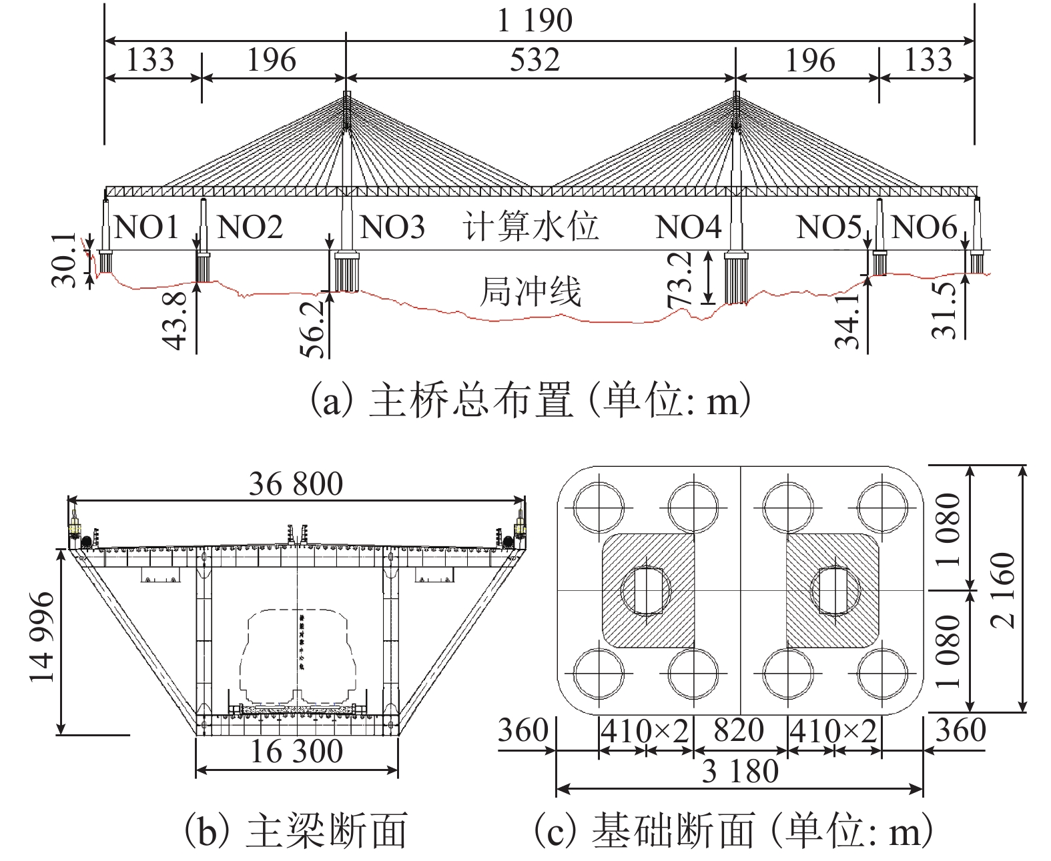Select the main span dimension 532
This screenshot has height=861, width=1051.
pyautogui.click(x=535, y=60)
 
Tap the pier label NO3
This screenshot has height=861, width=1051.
pyautogui.click(x=392, y=227)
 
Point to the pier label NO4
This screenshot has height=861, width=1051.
pyautogui.click(x=689, y=227)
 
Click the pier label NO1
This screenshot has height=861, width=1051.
pyautogui.click(x=147, y=227)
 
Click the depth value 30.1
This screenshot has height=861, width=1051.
pyautogui.click(x=65, y=260)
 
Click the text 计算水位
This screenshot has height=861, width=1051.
pyautogui.click(x=531, y=227)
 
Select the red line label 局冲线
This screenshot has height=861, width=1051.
pyautogui.click(x=531, y=291)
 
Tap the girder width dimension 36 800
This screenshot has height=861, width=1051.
pyautogui.click(x=296, y=484)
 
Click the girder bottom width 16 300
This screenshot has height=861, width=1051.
pyautogui.click(x=296, y=752)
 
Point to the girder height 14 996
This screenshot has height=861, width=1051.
pyautogui.click(x=43, y=636)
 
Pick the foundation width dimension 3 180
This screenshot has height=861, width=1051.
pyautogui.click(x=740, y=772)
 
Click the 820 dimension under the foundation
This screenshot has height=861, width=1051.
pyautogui.click(x=739, y=731)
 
